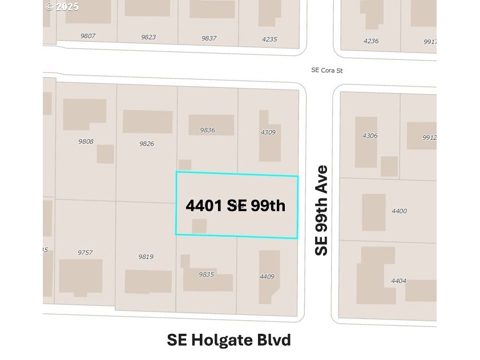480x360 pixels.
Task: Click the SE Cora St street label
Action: tap(327, 70)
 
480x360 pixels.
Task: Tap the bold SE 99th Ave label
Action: tap(322, 210)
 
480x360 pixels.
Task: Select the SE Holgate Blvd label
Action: tap(229, 340)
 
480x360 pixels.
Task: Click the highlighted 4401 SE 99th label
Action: tap(235, 205)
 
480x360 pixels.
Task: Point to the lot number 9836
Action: tap(207, 130)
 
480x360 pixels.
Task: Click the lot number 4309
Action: tap(268, 132)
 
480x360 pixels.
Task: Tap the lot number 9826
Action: tap(147, 144)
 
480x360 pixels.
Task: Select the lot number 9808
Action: tap(86, 141)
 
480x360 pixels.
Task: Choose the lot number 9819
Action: tap(146, 257)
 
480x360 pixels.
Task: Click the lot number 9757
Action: tap(85, 252)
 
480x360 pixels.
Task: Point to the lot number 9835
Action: tap(206, 274)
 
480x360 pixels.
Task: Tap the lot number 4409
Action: tap(267, 277)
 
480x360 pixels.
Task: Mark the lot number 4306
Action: tap(370, 136)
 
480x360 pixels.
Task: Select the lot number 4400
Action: tap(400, 211)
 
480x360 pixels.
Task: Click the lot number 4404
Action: tap(398, 281)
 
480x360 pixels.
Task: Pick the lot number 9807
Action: tap(88, 36)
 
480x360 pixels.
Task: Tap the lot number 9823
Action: tap(148, 37)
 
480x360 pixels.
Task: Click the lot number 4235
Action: tap(269, 39)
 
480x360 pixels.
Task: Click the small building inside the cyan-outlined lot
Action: tap(199, 226)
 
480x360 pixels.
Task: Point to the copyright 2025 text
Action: tap(62, 7)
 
